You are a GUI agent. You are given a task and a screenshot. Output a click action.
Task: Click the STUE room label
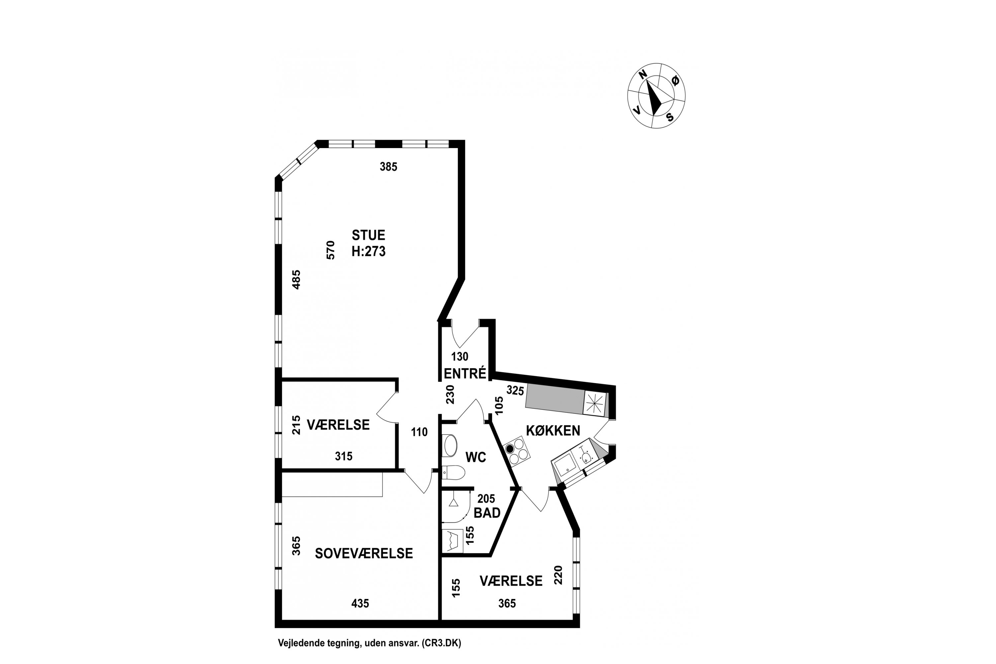[369, 235]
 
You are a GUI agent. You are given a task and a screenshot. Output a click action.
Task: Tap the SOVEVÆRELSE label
[364, 553]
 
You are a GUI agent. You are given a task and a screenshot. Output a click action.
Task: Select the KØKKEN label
[553, 430]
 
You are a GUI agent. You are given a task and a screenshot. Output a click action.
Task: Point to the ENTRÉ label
[465, 373]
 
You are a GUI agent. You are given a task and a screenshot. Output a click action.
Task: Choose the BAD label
[487, 513]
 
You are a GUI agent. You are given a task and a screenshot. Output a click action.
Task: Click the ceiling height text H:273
[369, 252]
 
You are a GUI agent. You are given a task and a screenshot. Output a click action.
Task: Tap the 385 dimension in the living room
[388, 167]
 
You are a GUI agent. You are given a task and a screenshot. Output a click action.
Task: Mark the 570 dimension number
[331, 250]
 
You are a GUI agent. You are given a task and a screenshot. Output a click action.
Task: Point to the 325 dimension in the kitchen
[515, 390]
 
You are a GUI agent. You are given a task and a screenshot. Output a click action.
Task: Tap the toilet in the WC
[454, 472]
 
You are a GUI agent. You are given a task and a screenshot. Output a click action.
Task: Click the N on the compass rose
[643, 74]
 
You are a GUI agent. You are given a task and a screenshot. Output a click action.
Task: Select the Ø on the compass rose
[675, 80]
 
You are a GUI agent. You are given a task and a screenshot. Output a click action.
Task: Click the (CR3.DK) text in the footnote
[441, 643]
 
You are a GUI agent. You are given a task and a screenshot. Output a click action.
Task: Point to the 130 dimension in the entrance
[459, 356]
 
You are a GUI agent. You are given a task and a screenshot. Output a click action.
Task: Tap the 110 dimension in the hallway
[419, 432]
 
